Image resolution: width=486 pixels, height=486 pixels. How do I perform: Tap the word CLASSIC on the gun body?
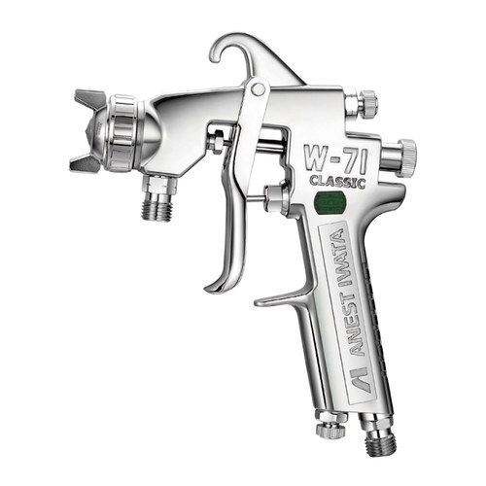(337, 182)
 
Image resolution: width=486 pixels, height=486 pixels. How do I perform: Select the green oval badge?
(330, 202)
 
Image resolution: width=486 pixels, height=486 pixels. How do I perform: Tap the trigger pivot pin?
(258, 89)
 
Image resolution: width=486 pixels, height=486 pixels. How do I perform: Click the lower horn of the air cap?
(86, 163)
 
